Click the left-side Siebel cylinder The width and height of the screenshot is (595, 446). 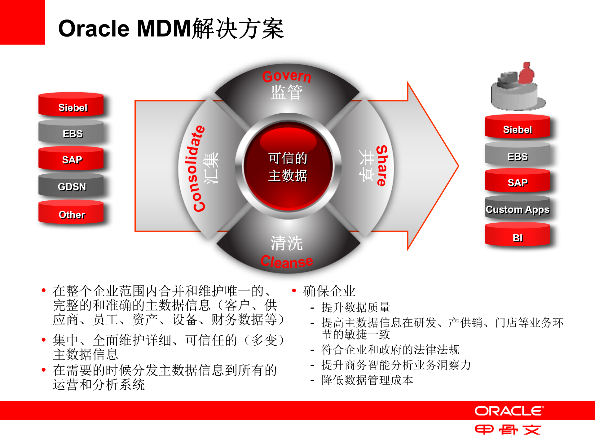click(71, 105)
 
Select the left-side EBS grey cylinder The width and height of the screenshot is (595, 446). click(71, 133)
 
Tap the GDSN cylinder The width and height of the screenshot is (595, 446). click(71, 186)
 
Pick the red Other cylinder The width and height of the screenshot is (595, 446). click(71, 213)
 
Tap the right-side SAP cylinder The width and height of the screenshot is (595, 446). click(517, 182)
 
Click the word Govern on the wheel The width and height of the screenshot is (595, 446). click(287, 76)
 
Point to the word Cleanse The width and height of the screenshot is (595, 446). click(287, 262)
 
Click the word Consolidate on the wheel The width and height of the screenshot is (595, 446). click(198, 169)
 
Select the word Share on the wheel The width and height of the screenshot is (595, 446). click(382, 166)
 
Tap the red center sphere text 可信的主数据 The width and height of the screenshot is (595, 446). click(288, 167)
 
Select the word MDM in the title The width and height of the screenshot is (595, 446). click(164, 28)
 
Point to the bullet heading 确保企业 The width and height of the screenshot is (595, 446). click(329, 291)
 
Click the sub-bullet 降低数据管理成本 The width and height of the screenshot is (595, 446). click(367, 380)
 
